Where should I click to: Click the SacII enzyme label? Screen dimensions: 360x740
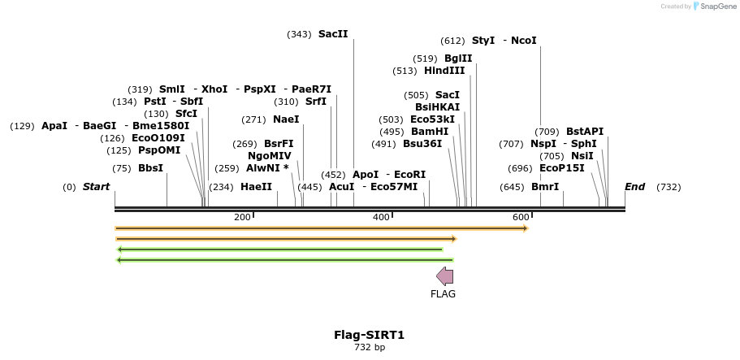pos(333,34)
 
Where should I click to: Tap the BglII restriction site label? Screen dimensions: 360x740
pos(458,59)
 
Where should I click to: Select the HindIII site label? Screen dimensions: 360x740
pos(444,71)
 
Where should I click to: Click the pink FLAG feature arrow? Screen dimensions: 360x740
pos(444,275)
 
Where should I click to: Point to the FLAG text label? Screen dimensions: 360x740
pos(443,294)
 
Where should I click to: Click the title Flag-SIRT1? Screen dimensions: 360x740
pos(369,334)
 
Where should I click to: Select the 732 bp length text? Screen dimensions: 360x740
pos(370,347)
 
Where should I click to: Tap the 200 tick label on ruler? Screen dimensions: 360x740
pos(242,217)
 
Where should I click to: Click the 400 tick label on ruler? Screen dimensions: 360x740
pos(381,217)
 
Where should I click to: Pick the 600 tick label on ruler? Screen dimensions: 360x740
pos(521,217)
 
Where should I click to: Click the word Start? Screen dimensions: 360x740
pos(96,187)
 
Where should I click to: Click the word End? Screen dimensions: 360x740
pos(634,187)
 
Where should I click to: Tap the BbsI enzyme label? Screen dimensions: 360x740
pos(150,168)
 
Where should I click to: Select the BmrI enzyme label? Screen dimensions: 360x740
pos(545,187)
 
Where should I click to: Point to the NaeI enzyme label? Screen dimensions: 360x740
pos(286,119)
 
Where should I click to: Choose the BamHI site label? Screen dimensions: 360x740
pos(430,132)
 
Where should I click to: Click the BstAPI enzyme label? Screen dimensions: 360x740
pos(585,132)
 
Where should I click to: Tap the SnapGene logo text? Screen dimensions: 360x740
pos(717,7)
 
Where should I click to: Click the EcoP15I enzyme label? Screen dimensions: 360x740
pos(562,168)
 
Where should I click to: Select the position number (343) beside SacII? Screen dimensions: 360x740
pos(299,34)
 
